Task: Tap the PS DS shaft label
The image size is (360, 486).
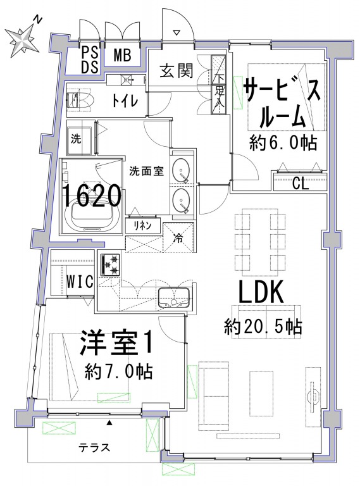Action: [90, 60]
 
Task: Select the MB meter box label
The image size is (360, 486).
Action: [122, 55]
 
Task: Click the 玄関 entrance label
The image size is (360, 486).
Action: [177, 71]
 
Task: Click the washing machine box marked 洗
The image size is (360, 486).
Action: [79, 140]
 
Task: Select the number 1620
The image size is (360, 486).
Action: [92, 196]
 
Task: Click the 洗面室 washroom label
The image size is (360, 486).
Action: [146, 171]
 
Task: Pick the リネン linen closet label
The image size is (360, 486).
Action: [142, 225]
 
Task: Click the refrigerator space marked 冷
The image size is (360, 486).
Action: [178, 237]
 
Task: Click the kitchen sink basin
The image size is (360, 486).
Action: [174, 297]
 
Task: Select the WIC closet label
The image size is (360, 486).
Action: [80, 282]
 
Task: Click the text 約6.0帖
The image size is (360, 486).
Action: [283, 144]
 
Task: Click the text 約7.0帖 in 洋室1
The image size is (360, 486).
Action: [119, 371]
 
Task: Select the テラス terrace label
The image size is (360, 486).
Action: [94, 447]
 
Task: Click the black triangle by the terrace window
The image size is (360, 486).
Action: [109, 423]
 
